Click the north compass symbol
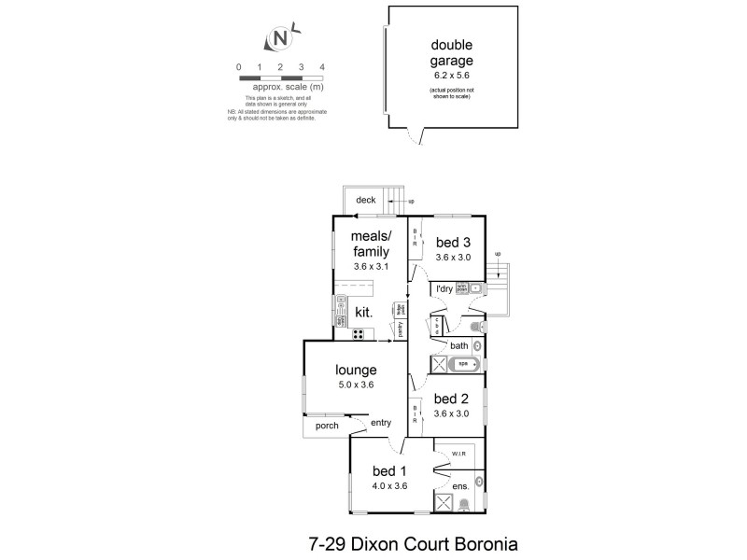[x=280, y=38]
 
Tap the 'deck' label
[x=364, y=199]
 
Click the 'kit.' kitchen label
[x=364, y=311]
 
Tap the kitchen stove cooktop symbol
[x=357, y=333]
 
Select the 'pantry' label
[x=400, y=329]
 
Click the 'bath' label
[x=458, y=345]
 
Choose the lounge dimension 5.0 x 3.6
[x=357, y=384]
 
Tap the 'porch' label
[x=326, y=426]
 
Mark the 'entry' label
[x=381, y=423]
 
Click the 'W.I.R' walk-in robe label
[x=458, y=455]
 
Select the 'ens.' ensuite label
[x=459, y=487]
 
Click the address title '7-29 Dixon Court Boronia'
[x=425, y=541]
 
